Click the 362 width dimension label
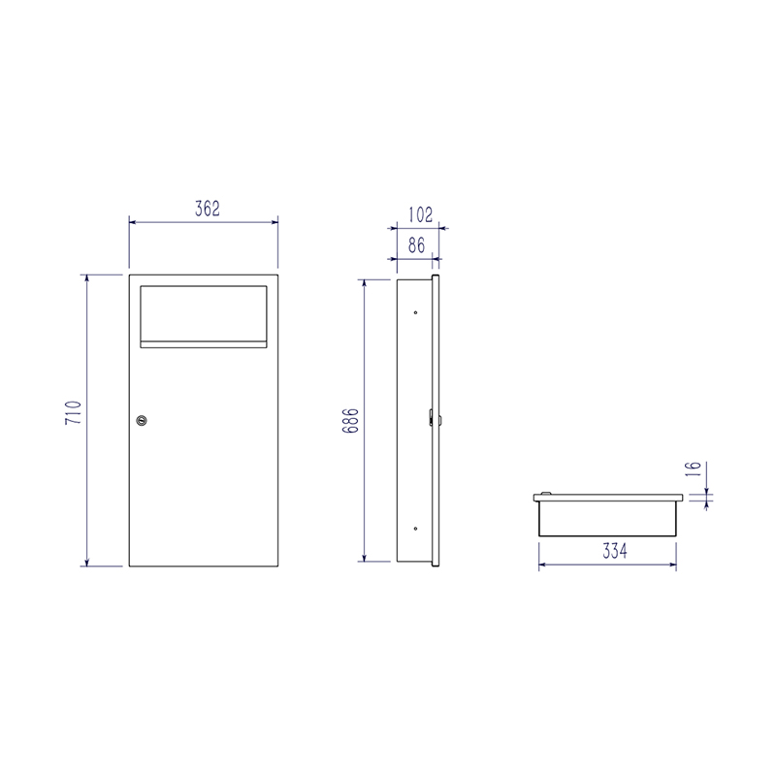208,209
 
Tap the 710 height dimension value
74,412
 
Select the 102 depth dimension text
421,214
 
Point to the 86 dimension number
417,245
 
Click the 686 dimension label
350,421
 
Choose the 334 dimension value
615,550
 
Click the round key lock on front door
142,421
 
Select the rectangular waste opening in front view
204,312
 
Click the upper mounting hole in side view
415,312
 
